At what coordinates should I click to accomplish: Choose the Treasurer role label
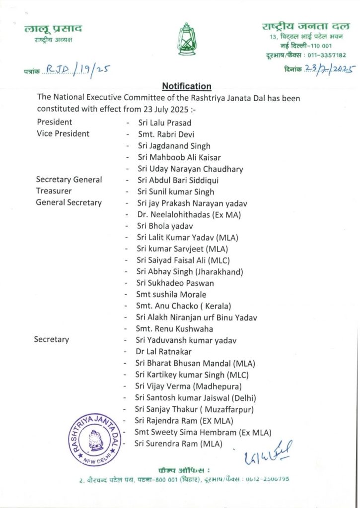point(54,191)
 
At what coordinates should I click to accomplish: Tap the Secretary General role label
point(69,180)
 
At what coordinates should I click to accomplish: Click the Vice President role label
point(63,134)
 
